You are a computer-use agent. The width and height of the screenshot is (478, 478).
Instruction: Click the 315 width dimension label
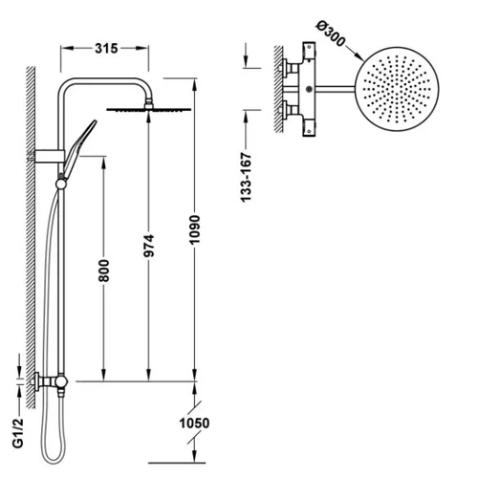106,49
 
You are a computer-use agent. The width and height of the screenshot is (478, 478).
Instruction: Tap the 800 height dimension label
104,271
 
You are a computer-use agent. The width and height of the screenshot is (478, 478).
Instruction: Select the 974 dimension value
149,246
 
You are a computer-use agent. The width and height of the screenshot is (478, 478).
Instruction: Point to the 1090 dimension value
195,229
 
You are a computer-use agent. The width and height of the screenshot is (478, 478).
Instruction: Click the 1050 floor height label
194,424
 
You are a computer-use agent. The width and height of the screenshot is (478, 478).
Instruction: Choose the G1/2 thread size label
18,433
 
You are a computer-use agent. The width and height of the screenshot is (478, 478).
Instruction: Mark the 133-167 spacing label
246,177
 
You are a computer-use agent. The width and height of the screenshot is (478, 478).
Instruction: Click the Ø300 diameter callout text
331,33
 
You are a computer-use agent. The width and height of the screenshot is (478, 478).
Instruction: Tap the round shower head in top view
397,89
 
